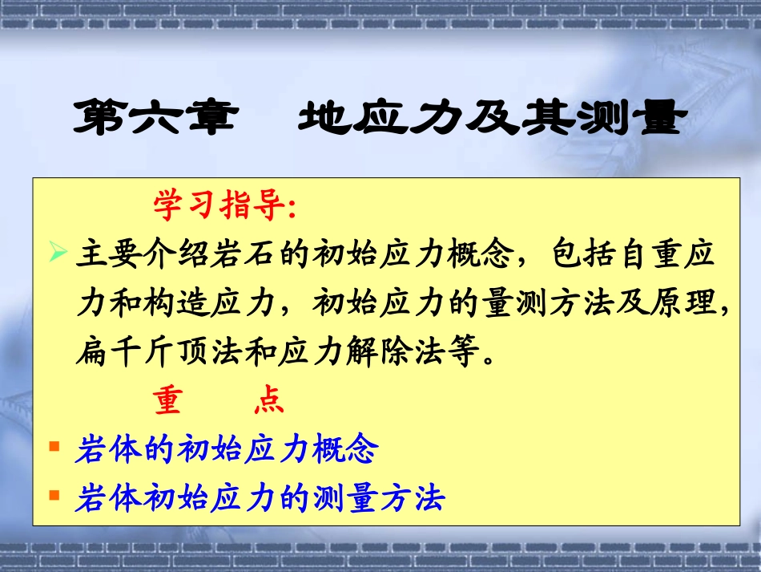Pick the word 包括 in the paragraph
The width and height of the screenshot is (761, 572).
pyautogui.click(x=582, y=257)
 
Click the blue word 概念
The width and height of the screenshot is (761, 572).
pyautogui.click(x=346, y=450)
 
